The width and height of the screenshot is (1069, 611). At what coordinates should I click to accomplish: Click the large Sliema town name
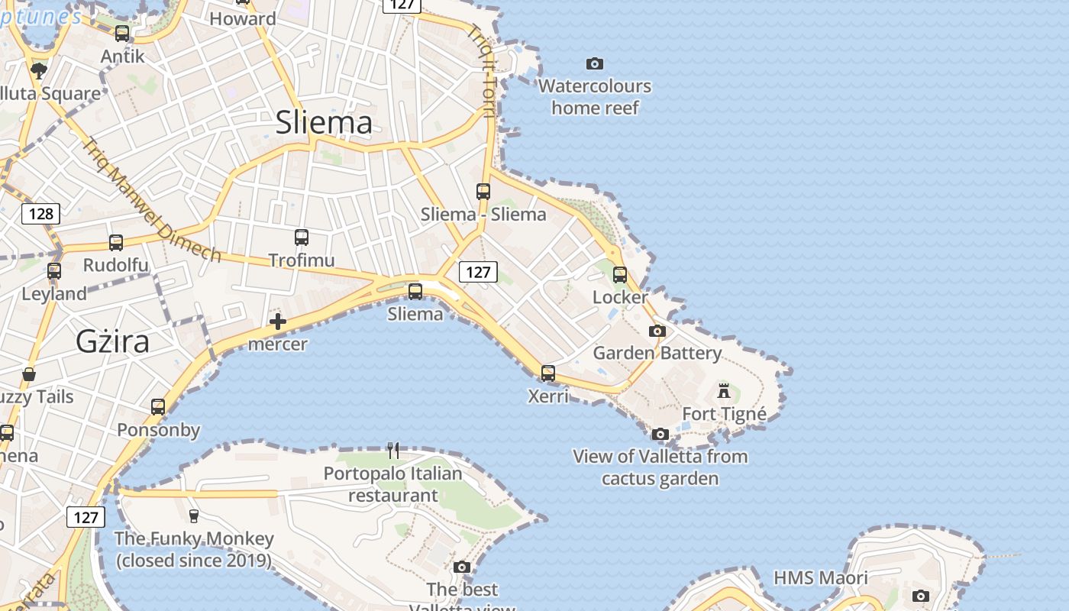324,122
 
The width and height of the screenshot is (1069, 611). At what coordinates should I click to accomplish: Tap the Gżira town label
112,341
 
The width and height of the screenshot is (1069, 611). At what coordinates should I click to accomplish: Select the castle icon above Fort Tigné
724,392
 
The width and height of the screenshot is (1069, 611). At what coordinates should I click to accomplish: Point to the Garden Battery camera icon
657,331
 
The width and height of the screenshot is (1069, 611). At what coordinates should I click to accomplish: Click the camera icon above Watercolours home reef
594,63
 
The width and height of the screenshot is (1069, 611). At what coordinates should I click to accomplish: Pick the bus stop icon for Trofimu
302,238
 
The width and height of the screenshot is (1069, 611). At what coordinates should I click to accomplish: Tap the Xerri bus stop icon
548,373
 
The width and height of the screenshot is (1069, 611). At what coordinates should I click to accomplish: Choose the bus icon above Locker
620,274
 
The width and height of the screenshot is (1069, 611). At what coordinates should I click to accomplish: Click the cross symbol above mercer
278,322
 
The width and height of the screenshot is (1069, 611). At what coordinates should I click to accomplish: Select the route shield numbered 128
40,214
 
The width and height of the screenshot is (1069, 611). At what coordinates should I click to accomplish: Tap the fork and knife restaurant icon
393,451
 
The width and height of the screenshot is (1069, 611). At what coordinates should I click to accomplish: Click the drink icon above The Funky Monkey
194,516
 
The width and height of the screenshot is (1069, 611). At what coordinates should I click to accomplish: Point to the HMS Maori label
821,577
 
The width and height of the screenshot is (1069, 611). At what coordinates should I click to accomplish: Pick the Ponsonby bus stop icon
158,407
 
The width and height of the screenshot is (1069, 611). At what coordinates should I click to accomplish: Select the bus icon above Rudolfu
116,243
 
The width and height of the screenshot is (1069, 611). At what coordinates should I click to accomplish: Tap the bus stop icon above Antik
122,34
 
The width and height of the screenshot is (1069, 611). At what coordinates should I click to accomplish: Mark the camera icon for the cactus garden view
660,435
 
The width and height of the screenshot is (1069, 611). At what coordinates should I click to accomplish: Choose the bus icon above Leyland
54,271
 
